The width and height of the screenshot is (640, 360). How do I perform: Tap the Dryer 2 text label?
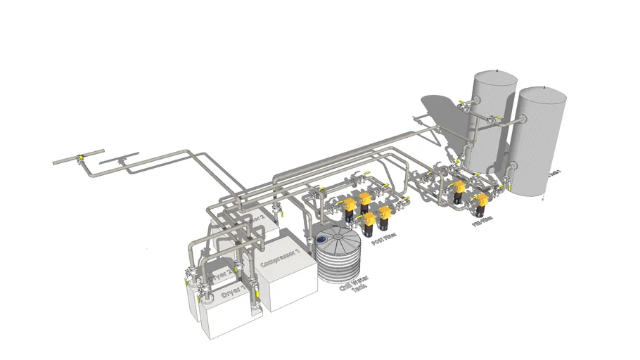click(x=220, y=274)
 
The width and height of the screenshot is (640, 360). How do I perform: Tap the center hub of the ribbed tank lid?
click(x=338, y=238)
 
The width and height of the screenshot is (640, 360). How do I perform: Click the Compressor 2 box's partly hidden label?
click(x=256, y=219)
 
